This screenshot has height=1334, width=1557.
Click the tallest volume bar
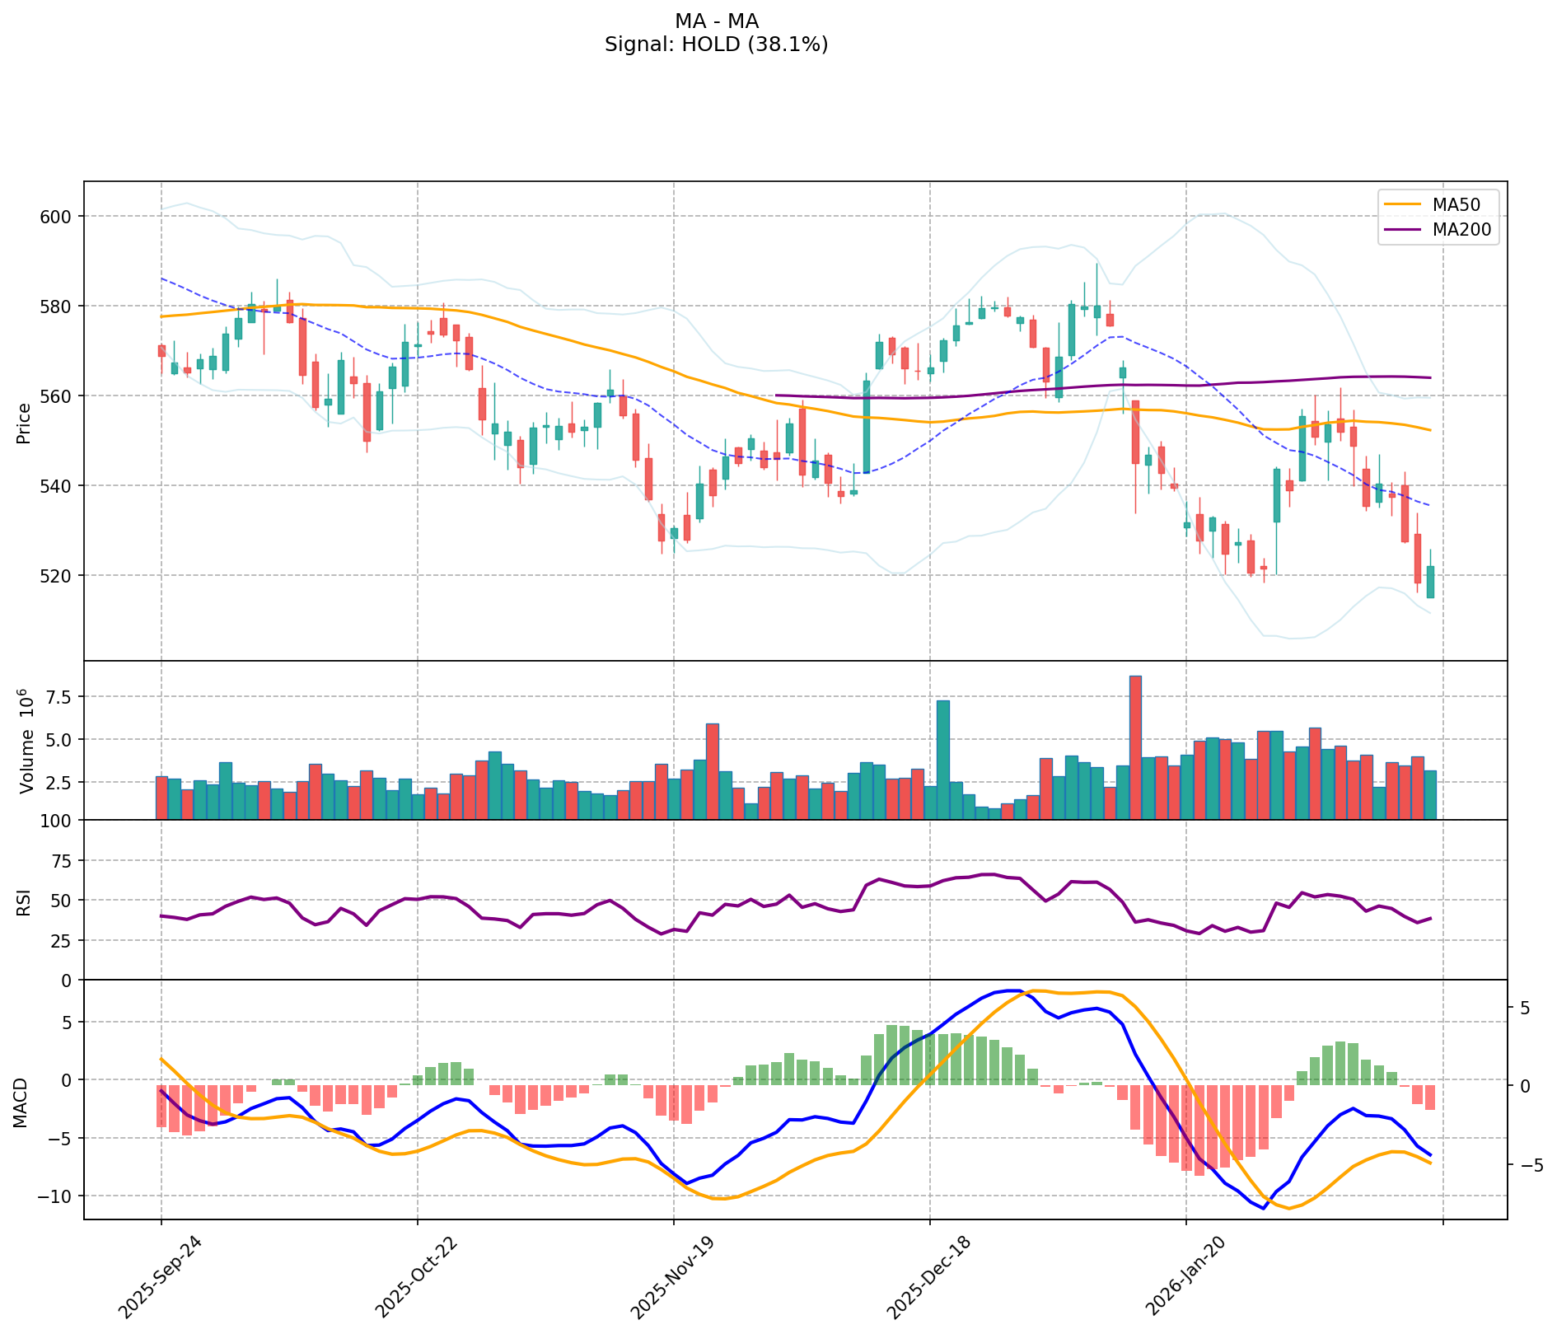coord(1135,747)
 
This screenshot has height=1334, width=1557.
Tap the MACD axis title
coord(21,1102)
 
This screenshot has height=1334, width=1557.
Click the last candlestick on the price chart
coord(1430,581)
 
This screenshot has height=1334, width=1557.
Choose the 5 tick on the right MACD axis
coord(1524,1008)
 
